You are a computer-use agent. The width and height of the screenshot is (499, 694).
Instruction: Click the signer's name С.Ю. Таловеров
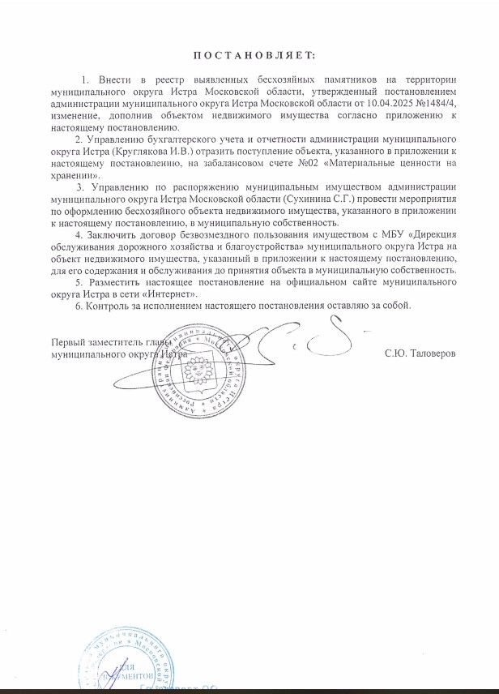[421, 354]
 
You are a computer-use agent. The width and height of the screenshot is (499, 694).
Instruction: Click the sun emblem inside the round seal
[195, 372]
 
